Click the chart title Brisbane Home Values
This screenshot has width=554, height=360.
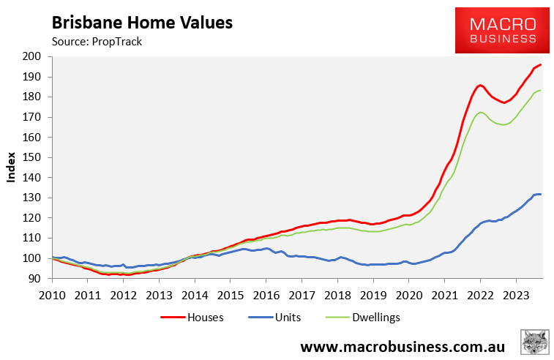(x=142, y=22)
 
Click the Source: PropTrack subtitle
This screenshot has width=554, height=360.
(x=97, y=41)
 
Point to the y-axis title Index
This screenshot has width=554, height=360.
(x=12, y=167)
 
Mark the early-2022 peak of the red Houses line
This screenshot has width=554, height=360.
(x=480, y=85)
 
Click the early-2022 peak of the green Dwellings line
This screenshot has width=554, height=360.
(x=481, y=112)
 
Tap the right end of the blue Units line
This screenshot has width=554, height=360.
(x=540, y=194)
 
